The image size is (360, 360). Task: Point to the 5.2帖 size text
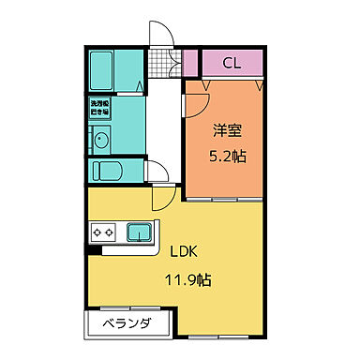225,157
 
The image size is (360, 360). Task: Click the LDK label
184,251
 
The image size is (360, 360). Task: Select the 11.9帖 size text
188,278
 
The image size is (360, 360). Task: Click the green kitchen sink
141,232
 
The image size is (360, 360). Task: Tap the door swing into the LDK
161,198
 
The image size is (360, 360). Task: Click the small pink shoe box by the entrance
190,64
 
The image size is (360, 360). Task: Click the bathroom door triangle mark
140,88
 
